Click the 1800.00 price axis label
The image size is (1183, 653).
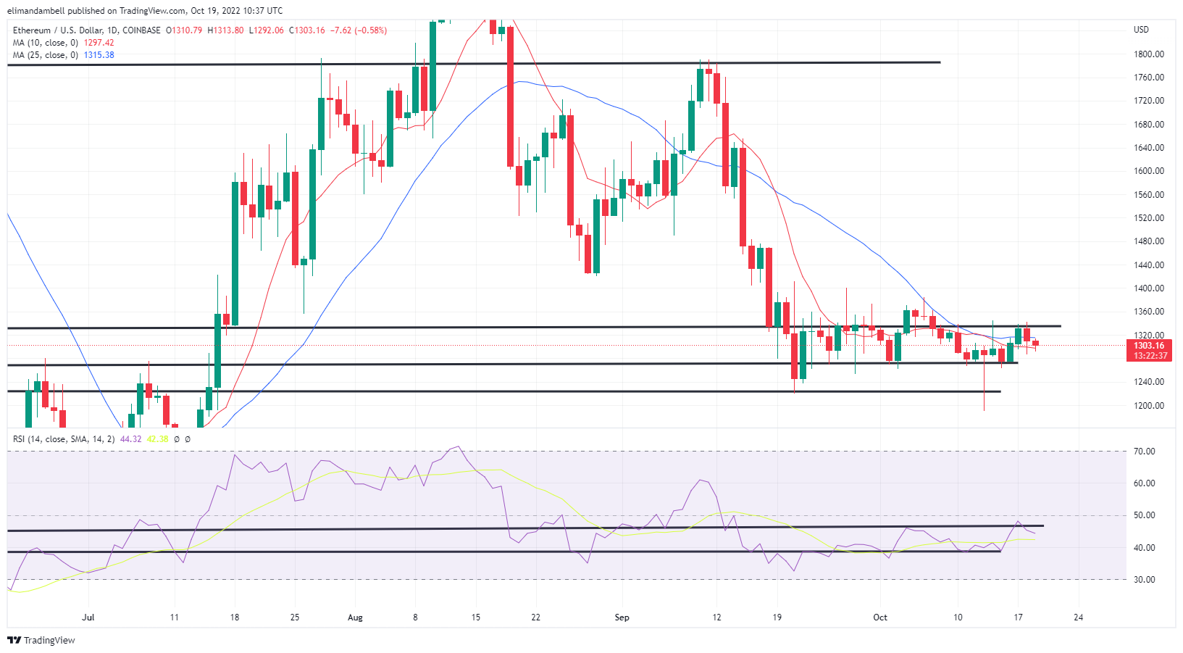coord(1148,54)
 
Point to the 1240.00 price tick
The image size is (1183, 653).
coord(1148,382)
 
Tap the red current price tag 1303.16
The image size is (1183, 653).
coord(1149,346)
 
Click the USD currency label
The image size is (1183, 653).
coord(1141,30)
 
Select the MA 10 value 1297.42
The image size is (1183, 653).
coord(99,43)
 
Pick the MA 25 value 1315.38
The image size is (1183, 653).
coord(99,55)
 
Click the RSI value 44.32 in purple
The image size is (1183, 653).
coord(130,439)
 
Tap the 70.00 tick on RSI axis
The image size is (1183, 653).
coord(1145,452)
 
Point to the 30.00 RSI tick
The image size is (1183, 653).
coord(1145,580)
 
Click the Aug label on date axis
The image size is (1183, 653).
coord(355,617)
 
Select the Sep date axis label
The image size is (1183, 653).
coord(622,617)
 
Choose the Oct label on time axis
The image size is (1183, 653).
coord(880,617)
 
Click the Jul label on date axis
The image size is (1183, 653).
coord(88,617)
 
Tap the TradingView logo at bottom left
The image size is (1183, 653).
coord(41,641)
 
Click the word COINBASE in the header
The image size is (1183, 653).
coord(142,30)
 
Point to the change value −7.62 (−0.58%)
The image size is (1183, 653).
coord(359,30)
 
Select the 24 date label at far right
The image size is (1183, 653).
coord(1079,617)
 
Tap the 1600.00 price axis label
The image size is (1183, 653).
coord(1148,171)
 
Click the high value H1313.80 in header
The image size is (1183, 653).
coord(225,30)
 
